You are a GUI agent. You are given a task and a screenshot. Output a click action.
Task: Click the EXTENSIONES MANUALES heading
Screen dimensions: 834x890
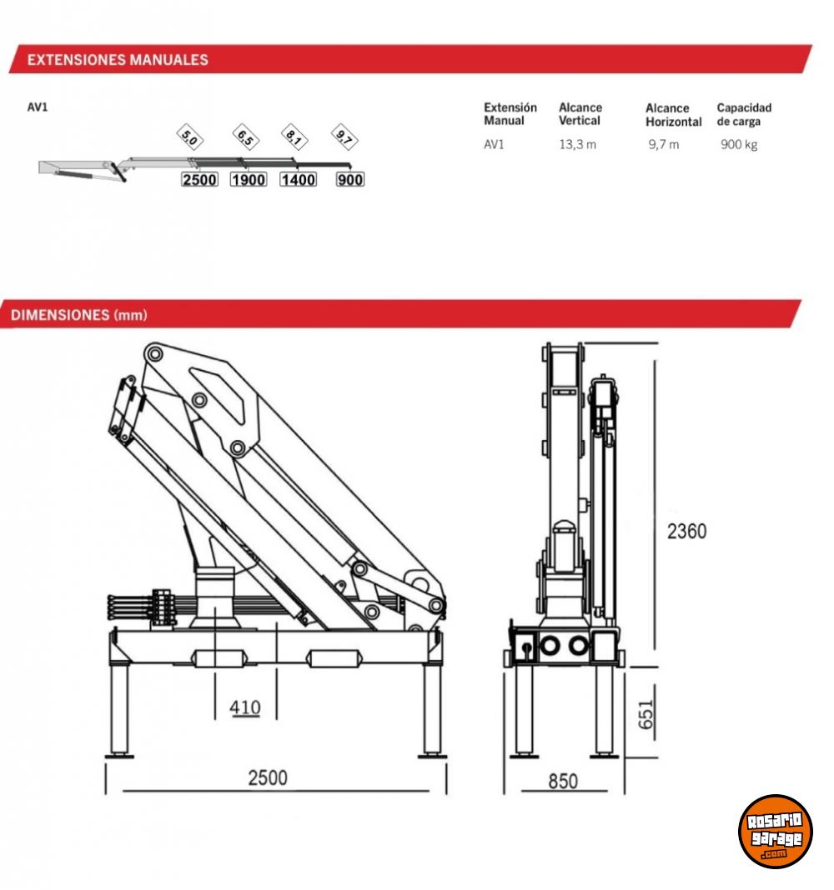tap(118, 60)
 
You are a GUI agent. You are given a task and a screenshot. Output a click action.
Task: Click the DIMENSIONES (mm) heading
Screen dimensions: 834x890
tap(79, 315)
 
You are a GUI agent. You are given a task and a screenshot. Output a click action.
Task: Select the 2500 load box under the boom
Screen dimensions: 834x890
tap(199, 179)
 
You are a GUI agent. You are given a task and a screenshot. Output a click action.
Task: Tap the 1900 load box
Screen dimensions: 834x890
tap(249, 179)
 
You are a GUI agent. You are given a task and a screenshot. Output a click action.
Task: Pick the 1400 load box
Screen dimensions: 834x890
tap(299, 179)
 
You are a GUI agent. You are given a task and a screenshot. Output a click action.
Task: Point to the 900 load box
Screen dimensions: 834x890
tap(350, 179)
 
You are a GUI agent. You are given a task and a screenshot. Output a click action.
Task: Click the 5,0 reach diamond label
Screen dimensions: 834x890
tap(190, 137)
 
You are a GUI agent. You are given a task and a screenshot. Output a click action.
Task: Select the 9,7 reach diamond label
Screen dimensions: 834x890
tap(344, 137)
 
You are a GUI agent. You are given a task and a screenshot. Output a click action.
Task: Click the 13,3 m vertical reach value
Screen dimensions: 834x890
tap(577, 145)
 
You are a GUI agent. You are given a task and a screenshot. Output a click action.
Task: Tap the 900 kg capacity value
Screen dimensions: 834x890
tap(739, 145)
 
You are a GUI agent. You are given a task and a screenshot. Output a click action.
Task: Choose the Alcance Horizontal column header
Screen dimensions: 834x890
tap(673, 115)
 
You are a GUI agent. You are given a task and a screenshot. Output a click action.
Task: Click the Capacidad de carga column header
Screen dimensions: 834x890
tap(744, 114)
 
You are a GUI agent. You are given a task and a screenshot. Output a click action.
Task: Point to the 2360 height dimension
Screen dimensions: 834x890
tap(686, 532)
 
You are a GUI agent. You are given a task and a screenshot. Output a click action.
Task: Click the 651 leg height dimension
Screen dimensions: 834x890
tap(646, 715)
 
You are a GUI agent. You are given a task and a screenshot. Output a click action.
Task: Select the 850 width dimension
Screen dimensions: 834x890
tap(562, 781)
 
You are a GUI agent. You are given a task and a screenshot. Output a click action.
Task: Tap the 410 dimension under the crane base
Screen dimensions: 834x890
tap(245, 707)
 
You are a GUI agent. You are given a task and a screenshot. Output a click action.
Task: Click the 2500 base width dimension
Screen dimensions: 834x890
tap(268, 777)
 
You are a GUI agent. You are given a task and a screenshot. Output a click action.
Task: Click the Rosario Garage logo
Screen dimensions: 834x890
tap(775, 831)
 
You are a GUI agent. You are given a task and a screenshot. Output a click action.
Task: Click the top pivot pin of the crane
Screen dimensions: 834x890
tap(153, 354)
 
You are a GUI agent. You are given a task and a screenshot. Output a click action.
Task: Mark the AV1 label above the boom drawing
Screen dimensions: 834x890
tap(38, 107)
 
